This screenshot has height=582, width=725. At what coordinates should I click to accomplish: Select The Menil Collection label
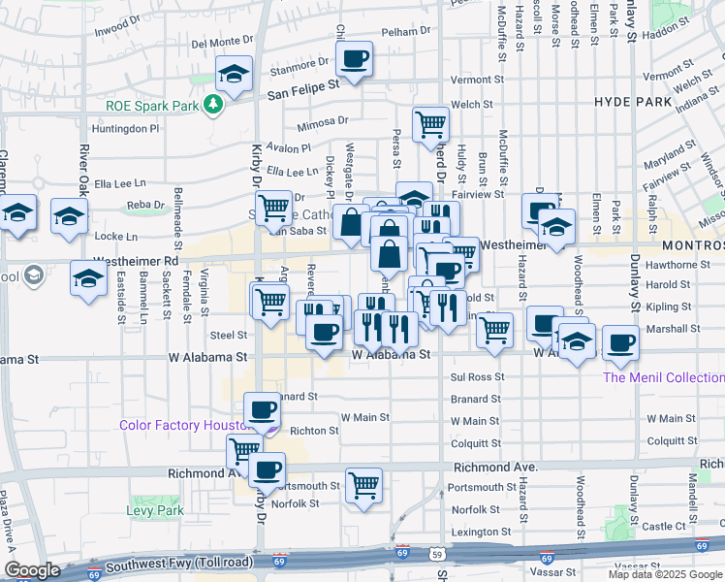664,377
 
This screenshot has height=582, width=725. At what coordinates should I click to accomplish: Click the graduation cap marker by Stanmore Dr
234,75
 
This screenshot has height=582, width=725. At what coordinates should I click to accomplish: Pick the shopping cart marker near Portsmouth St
363,483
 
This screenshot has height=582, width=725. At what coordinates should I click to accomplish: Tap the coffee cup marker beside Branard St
261,409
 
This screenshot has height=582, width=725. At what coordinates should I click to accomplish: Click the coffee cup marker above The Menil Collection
620,341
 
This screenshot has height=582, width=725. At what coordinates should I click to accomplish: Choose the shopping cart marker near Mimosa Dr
430,123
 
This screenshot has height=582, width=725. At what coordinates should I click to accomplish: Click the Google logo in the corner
32,570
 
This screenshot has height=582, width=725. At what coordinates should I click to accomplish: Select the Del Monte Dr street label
222,43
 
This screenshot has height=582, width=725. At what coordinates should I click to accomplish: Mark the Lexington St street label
481,532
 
